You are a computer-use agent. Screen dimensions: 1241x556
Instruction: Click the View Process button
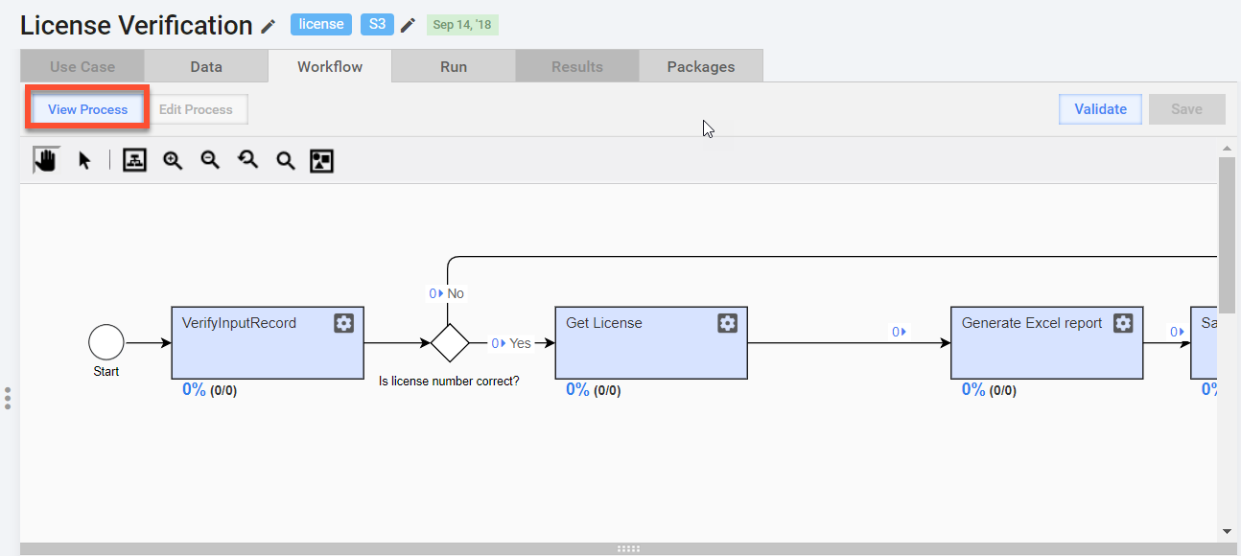87,109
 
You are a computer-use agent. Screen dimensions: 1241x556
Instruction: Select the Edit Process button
196,109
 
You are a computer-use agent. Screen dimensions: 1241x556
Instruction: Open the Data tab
206,66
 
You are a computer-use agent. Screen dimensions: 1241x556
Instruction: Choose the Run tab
454,66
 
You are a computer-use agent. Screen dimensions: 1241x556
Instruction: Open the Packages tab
701,66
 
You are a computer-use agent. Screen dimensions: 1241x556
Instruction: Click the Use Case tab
82,66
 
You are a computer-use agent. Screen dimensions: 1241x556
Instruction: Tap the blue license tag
320,24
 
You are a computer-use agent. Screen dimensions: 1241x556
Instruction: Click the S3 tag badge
377,24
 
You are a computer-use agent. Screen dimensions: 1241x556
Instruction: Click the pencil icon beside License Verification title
269,26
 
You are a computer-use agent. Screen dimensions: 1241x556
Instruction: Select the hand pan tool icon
46,160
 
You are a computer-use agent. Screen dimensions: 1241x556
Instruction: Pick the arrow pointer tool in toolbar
84,161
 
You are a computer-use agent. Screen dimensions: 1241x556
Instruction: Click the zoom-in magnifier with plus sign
173,161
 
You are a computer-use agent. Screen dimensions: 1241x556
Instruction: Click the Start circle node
105,342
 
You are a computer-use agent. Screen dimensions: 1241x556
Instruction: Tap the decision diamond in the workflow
450,343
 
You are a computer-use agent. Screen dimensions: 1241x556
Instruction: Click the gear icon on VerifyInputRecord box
343,323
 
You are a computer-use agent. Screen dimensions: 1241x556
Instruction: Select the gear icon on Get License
727,323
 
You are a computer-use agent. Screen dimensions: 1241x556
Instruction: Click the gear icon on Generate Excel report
1123,323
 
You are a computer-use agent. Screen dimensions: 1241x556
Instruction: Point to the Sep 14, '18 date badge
462,25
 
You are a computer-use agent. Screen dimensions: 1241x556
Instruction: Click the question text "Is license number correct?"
449,381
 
